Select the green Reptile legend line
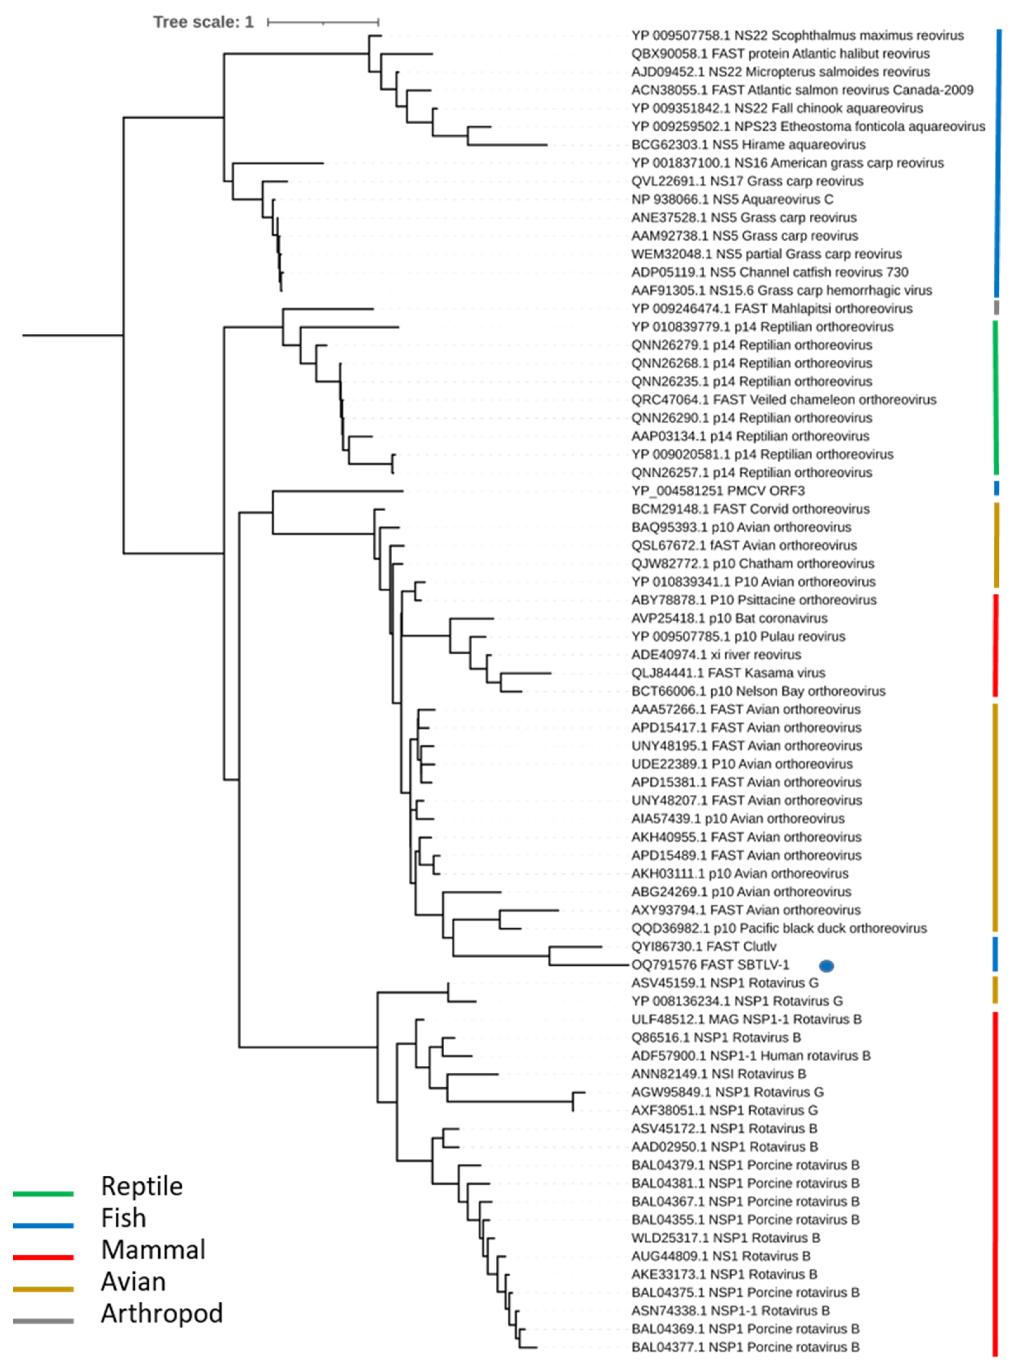click(x=43, y=1194)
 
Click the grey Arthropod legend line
click(x=43, y=1321)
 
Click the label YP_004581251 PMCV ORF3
click(x=717, y=491)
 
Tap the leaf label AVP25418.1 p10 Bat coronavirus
click(x=729, y=618)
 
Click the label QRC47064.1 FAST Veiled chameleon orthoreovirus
click(x=783, y=400)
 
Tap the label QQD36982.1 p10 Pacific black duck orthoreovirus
click(x=778, y=928)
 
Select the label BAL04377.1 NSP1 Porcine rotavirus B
click(x=745, y=1347)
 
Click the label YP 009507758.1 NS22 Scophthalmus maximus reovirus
click(x=797, y=36)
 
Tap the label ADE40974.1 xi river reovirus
click(x=716, y=655)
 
